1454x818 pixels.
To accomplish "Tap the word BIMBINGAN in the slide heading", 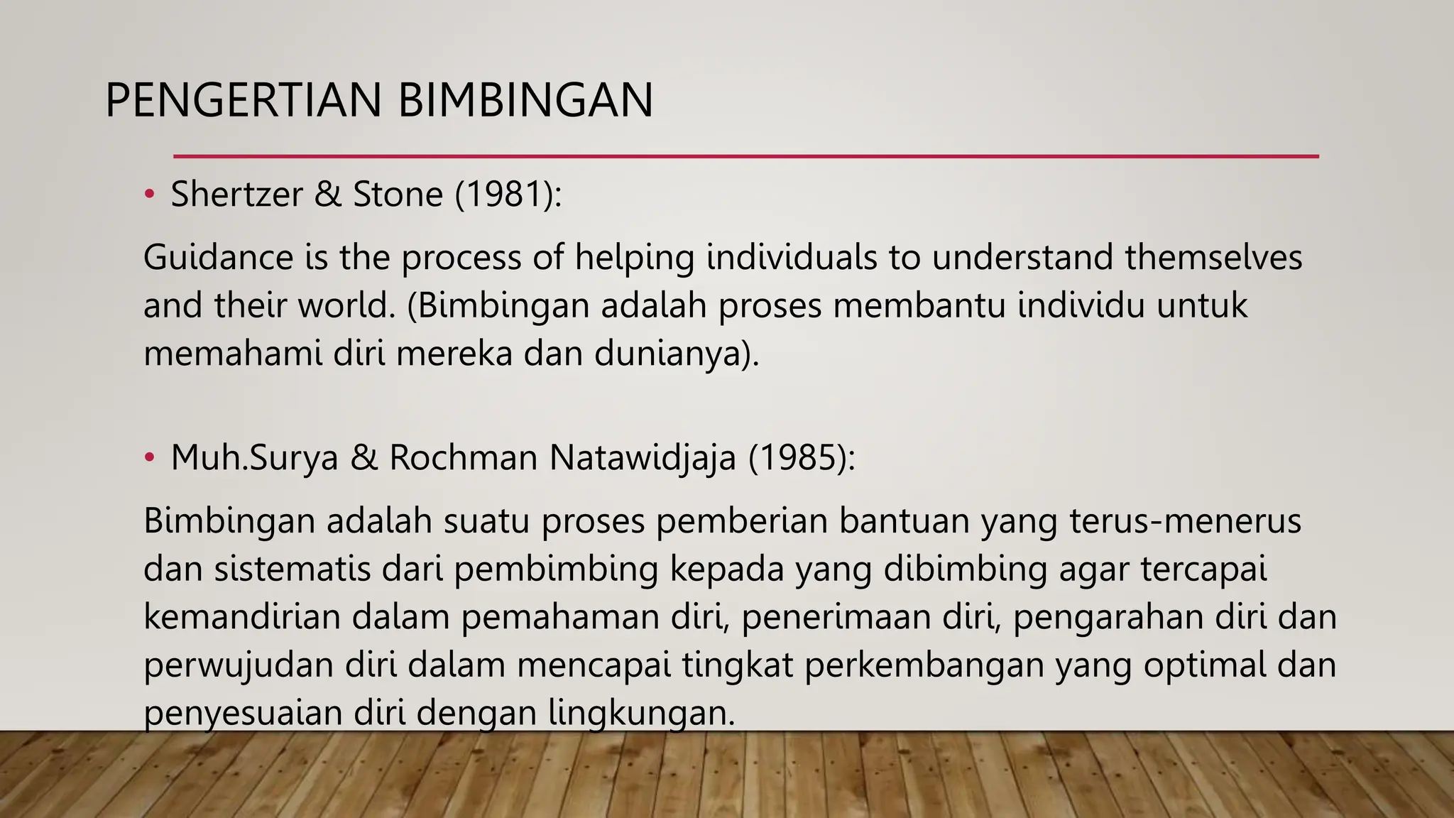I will point(525,101).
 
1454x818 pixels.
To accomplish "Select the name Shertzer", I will point(236,194).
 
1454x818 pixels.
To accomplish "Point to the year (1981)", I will point(508,194).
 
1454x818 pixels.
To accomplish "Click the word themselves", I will point(1213,257).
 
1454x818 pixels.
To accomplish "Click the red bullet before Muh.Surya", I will point(149,458).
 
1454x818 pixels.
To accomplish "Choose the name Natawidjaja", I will point(643,458).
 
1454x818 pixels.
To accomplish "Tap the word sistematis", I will point(293,569).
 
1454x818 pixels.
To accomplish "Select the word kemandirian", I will point(242,617).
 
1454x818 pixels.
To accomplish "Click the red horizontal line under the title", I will point(745,156).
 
